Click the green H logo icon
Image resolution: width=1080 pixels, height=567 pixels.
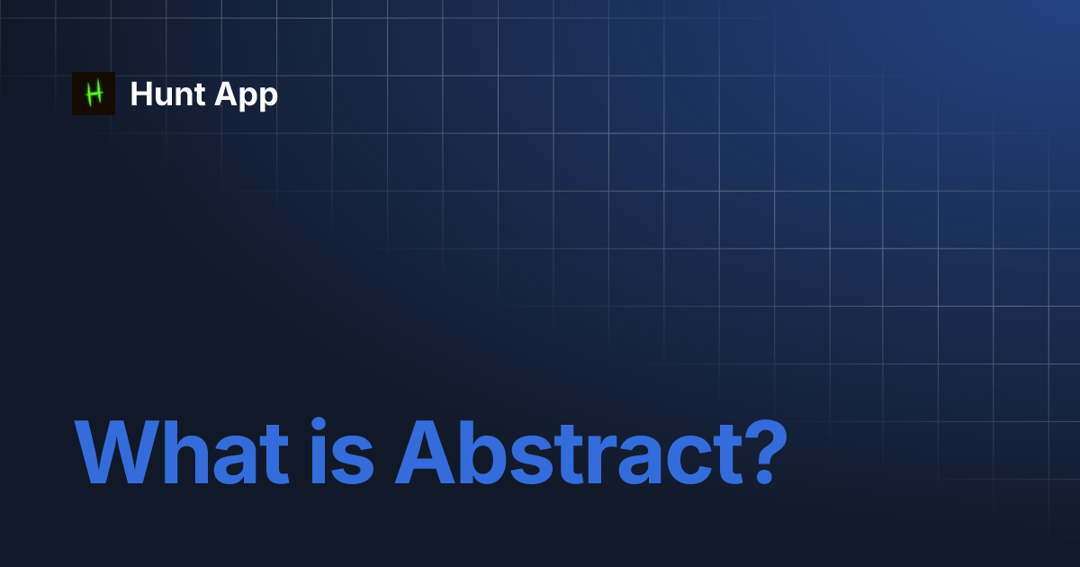[94, 94]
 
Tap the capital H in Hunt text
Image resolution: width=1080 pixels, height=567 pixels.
[140, 94]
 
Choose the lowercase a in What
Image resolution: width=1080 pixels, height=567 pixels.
[238, 461]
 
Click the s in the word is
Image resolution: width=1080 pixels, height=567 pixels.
[355, 461]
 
